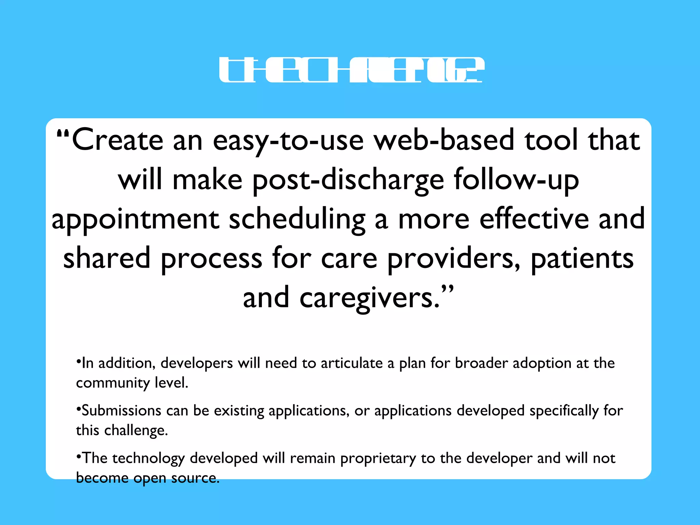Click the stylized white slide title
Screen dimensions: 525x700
tap(351, 70)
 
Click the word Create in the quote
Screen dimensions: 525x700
tap(118, 140)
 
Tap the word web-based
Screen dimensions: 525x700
tap(444, 140)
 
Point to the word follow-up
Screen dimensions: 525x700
tap(516, 180)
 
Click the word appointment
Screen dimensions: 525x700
tap(135, 219)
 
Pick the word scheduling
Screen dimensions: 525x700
tap(297, 219)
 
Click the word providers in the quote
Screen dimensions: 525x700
tap(454, 258)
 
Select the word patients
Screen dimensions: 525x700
tap(582, 258)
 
